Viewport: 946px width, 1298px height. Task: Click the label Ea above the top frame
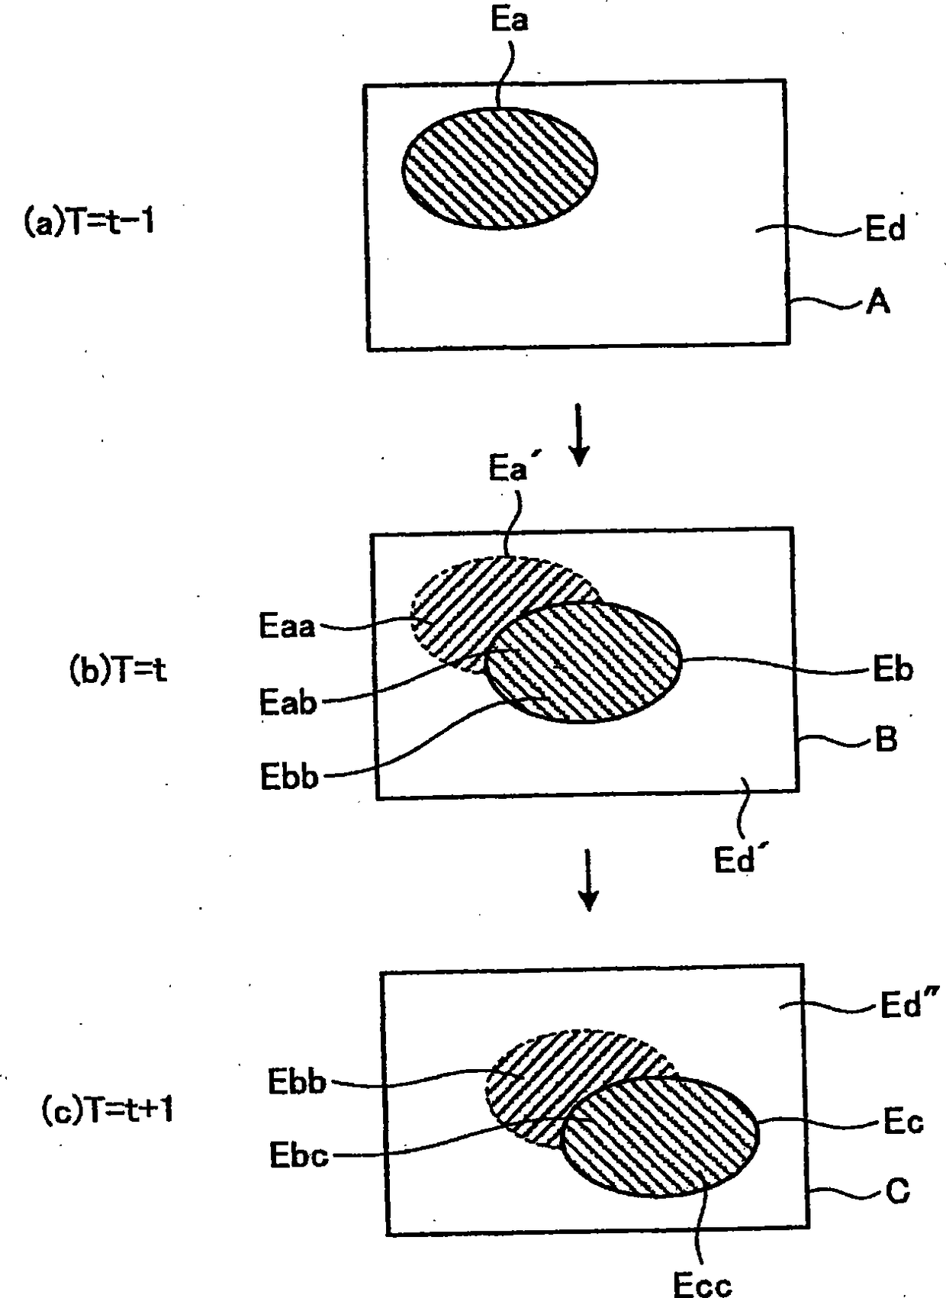[x=509, y=20]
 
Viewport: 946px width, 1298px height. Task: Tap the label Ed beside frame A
[x=885, y=228]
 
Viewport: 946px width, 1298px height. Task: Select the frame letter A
[x=878, y=303]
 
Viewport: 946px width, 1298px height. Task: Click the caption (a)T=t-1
[x=89, y=222]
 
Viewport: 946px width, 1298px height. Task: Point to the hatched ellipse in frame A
[x=500, y=169]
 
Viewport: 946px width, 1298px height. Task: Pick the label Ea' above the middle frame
[x=509, y=468]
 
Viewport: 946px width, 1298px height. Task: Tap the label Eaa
[x=287, y=626]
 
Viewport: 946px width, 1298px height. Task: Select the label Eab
[x=288, y=702]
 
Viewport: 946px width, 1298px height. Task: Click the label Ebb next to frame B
[x=289, y=777]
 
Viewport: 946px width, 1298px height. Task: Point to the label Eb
[x=893, y=669]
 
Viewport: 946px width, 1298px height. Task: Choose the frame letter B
[x=886, y=739]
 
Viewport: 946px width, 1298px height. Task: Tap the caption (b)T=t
[x=117, y=670]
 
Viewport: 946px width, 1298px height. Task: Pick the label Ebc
[x=298, y=1155]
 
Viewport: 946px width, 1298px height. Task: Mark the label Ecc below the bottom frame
[x=702, y=1284]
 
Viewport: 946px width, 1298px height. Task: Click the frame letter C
[x=897, y=1190]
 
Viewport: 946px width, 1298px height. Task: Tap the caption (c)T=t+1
[x=107, y=1109]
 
